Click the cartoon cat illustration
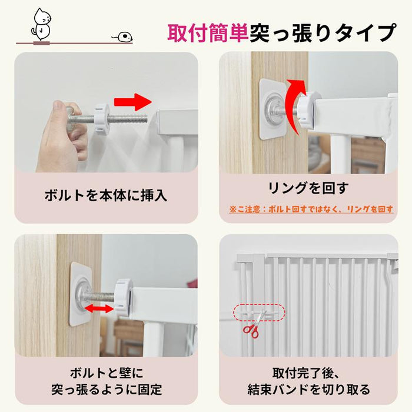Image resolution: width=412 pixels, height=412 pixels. tap(41, 24)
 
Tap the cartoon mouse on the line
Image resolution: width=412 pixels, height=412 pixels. tap(123, 36)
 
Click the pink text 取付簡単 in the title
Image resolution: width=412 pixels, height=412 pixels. tap(208, 33)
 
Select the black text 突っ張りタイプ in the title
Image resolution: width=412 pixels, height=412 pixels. tap(323, 33)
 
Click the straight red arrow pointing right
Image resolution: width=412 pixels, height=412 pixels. tap(133, 102)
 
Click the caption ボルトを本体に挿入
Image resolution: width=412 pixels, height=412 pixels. tap(105, 195)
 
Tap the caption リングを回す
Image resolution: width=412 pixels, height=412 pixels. tap(308, 188)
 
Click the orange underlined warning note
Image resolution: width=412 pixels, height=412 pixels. tap(311, 210)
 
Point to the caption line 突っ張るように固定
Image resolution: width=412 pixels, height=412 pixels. tap(106, 390)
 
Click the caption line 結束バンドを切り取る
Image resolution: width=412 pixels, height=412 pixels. tap(308, 390)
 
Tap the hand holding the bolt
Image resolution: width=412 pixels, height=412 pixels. tap(62, 136)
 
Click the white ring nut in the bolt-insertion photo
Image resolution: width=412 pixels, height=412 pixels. tap(101, 119)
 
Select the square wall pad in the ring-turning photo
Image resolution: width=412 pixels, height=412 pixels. tap(273, 109)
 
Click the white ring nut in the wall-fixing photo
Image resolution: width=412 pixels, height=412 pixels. tap(123, 297)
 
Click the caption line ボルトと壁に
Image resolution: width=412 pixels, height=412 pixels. tap(106, 373)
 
